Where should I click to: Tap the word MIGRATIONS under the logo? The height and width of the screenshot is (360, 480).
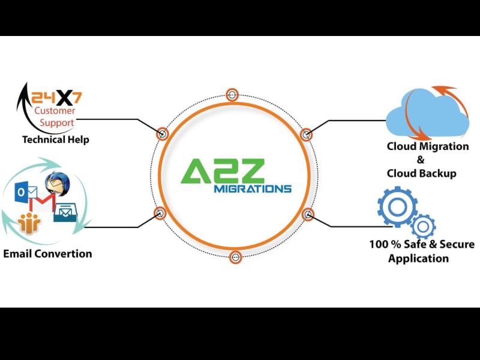[252, 188]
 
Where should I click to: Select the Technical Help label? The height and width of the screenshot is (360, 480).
[55, 140]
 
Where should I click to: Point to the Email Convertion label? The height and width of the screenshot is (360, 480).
[48, 253]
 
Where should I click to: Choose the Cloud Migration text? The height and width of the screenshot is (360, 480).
[428, 146]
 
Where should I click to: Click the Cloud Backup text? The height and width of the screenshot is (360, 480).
[422, 173]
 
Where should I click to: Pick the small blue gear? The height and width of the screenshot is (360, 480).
[424, 227]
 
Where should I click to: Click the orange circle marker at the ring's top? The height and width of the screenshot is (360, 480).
[232, 95]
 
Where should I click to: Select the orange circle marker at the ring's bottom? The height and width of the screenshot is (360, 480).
[235, 257]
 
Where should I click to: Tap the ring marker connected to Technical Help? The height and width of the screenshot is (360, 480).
[162, 133]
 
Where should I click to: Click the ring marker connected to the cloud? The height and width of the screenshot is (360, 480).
[305, 134]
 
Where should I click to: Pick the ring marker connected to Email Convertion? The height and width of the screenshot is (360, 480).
[160, 212]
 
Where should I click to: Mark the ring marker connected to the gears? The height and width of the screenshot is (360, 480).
[308, 214]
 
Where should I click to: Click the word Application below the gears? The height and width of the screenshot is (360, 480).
[418, 259]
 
